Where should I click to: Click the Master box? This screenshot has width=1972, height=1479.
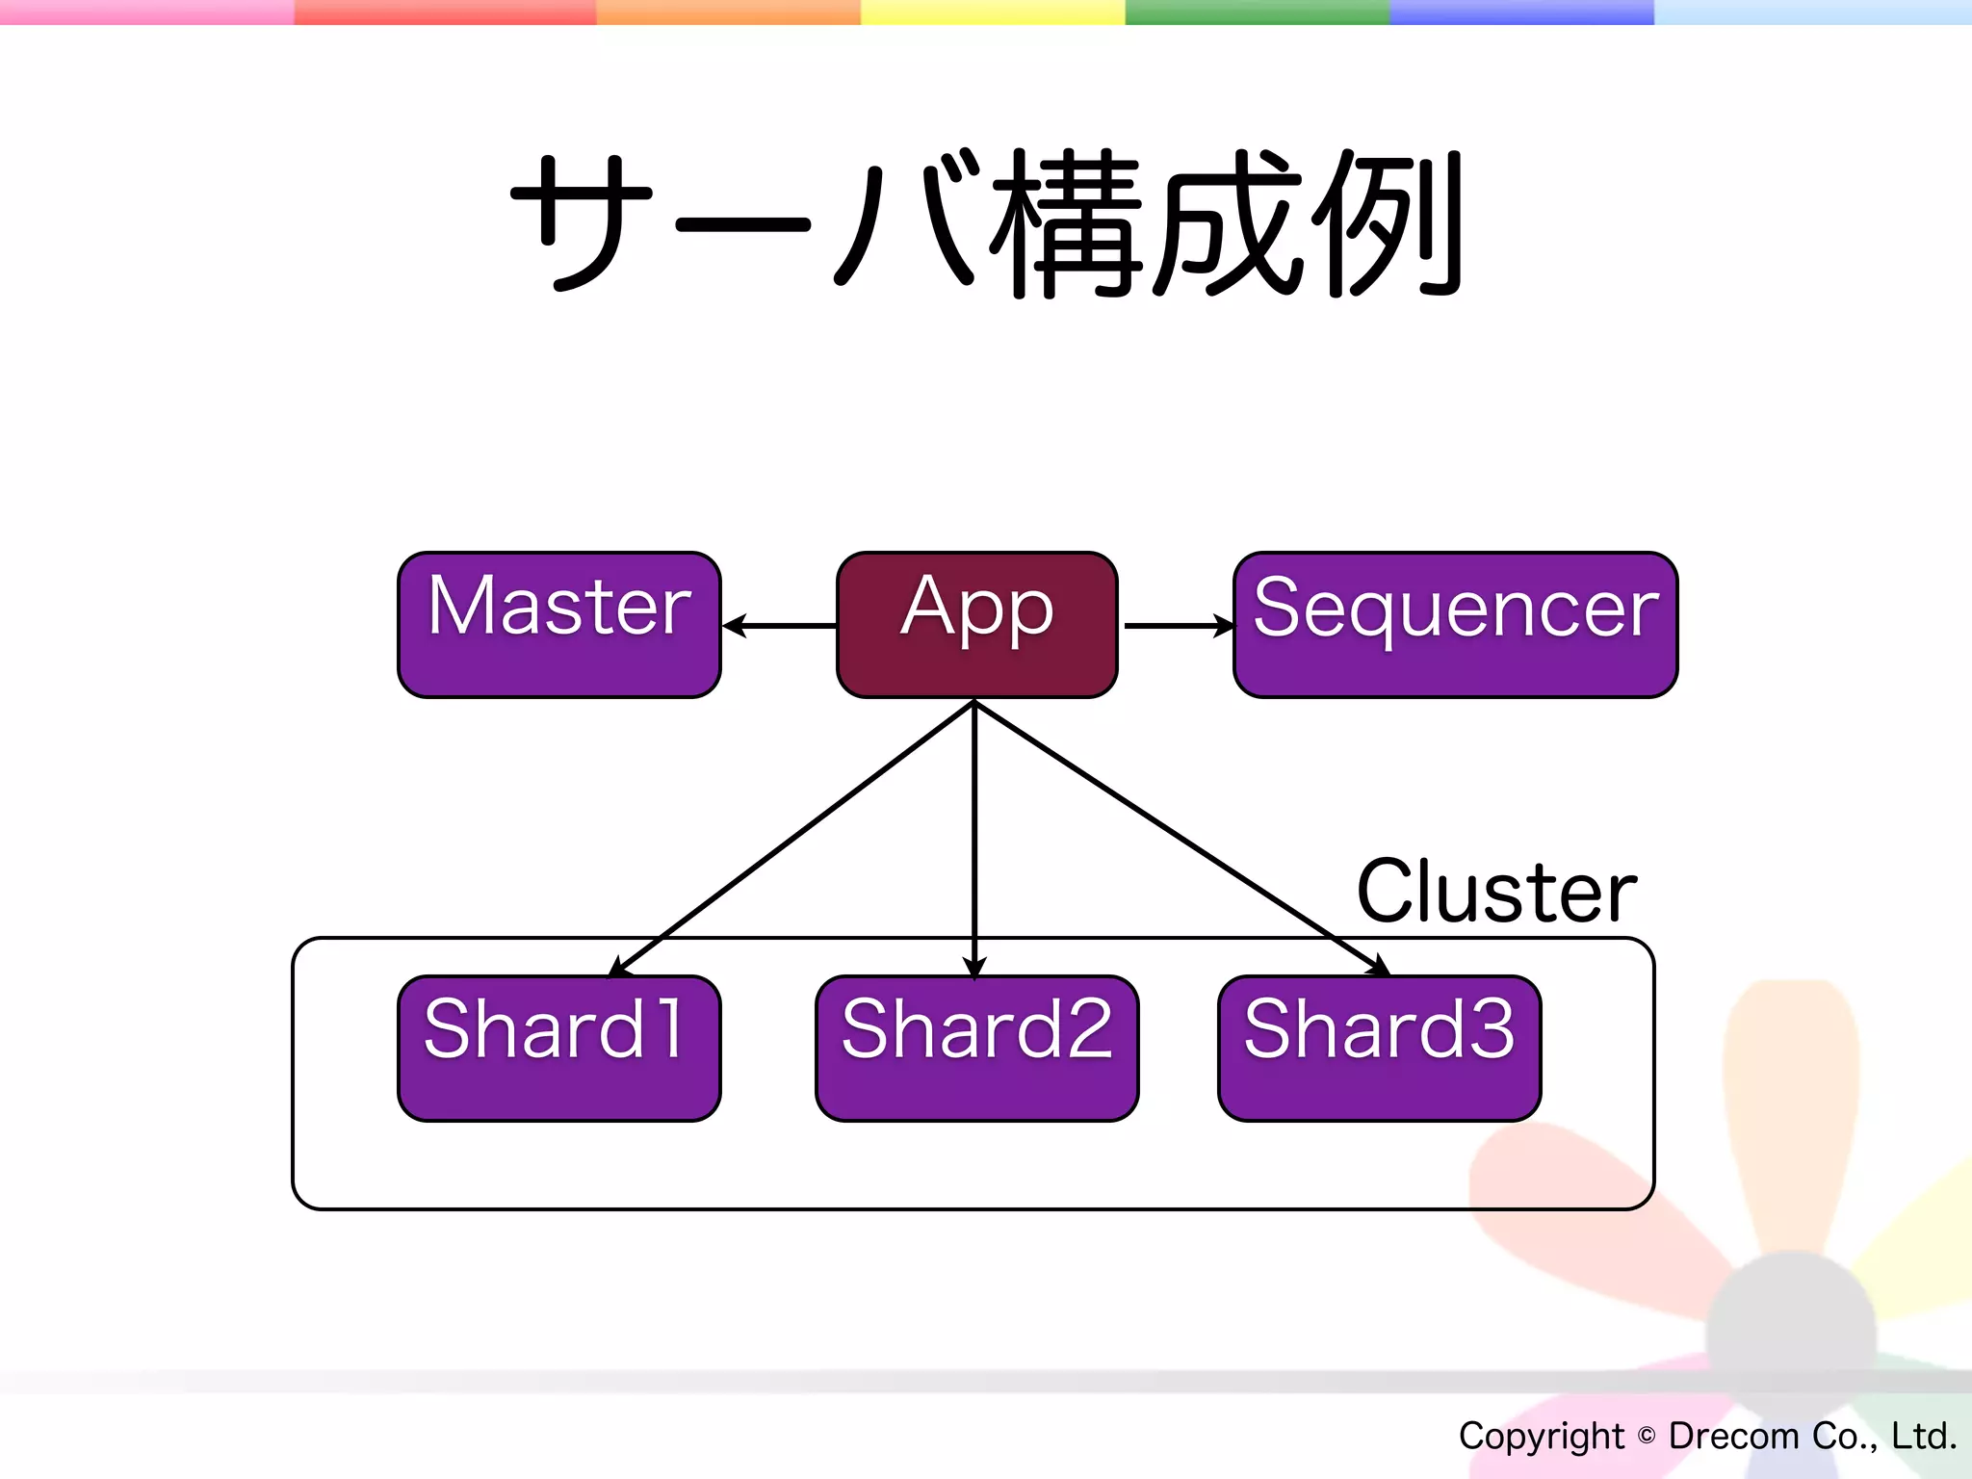point(558,624)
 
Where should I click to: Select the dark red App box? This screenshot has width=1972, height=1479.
point(976,624)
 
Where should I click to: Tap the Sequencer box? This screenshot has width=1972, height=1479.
point(1455,624)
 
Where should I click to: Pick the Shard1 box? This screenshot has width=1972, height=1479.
point(558,1048)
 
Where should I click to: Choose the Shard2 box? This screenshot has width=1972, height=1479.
point(976,1048)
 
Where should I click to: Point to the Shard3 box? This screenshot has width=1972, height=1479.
point(1379,1048)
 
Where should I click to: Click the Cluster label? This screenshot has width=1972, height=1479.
point(1495,892)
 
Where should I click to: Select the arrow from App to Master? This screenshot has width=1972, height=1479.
point(780,626)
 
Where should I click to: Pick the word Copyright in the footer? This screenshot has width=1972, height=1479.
point(1541,1436)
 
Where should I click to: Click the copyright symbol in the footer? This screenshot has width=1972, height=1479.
point(1647,1436)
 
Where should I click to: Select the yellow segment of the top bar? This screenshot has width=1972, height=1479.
point(992,12)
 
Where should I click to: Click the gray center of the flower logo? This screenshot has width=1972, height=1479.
point(1791,1334)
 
